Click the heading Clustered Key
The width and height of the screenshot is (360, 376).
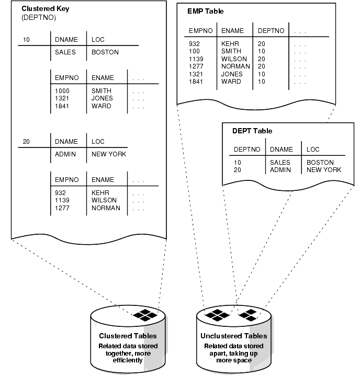pyautogui.click(x=46, y=8)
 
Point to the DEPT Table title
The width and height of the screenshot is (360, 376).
pyautogui.click(x=252, y=131)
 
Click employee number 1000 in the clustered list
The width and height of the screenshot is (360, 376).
pyautogui.click(x=63, y=90)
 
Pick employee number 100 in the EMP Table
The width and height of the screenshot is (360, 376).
pyautogui.click(x=195, y=51)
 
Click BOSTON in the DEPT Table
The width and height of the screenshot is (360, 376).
pyautogui.click(x=320, y=163)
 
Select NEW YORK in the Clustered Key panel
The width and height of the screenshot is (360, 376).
pyautogui.click(x=108, y=154)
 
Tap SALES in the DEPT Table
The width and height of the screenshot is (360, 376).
pyautogui.click(x=280, y=163)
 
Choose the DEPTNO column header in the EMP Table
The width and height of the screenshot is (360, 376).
pyautogui.click(x=271, y=31)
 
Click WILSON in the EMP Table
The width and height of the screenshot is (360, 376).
pyautogui.click(x=233, y=59)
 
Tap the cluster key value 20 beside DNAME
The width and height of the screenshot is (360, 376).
pyautogui.click(x=27, y=142)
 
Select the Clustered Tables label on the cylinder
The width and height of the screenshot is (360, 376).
pyautogui.click(x=128, y=336)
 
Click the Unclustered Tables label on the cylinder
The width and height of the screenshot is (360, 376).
pyautogui.click(x=233, y=336)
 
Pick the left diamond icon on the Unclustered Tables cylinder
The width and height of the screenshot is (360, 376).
pyautogui.click(x=218, y=315)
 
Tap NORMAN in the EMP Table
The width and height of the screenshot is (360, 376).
pyautogui.click(x=235, y=66)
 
